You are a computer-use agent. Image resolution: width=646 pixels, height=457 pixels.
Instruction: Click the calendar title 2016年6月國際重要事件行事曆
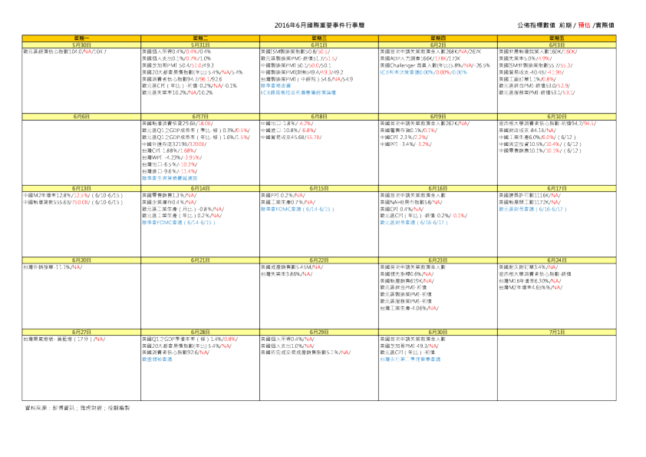(321, 25)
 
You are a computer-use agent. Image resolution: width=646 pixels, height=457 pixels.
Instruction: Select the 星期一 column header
(81, 37)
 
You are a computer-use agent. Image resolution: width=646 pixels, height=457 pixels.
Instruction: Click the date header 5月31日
(200, 45)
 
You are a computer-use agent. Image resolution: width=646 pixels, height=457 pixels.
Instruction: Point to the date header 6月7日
(200, 116)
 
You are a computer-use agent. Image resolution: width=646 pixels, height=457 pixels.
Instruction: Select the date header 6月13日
(81, 187)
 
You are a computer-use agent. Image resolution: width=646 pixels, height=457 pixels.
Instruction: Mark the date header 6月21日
(200, 260)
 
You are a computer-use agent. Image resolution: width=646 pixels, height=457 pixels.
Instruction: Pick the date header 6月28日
(200, 331)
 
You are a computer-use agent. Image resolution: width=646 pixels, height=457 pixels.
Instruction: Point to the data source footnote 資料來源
(77, 407)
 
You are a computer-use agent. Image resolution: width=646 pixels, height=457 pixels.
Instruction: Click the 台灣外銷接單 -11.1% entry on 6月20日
(52, 267)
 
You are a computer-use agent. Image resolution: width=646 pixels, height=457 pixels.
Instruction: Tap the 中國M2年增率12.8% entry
(58, 195)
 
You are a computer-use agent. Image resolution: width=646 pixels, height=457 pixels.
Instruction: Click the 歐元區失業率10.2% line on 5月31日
(177, 92)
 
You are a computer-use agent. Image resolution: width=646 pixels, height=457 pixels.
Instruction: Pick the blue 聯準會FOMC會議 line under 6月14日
(178, 222)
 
